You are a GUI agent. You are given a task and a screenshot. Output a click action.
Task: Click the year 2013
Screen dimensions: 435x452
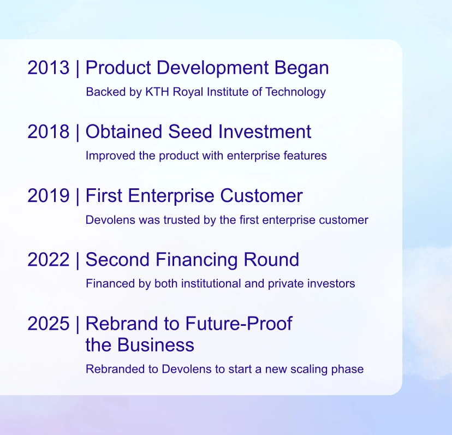point(49,68)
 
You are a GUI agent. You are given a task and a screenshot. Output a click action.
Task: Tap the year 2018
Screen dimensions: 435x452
point(49,132)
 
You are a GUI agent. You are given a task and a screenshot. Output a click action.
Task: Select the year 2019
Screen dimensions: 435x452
point(49,196)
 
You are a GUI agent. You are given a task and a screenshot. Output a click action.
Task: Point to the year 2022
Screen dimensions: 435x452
point(49,260)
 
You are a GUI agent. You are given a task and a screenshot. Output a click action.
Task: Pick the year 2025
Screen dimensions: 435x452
point(49,324)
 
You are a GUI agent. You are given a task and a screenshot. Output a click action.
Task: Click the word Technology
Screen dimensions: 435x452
point(295,92)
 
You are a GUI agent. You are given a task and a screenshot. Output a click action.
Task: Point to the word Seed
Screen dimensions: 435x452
point(191,132)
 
